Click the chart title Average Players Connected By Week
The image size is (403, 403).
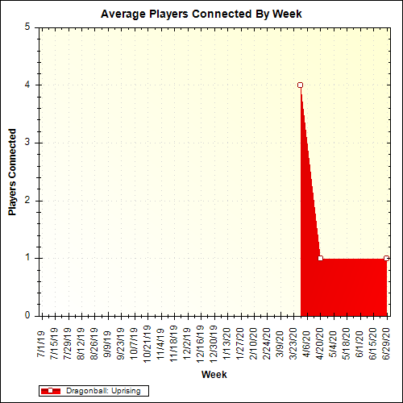coord(201,14)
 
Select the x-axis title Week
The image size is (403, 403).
coord(214,375)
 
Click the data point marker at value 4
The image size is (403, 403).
coord(301,85)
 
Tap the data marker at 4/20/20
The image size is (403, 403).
coord(321,259)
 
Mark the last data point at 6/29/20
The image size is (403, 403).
coord(387,259)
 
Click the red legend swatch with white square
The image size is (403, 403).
coord(50,391)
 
